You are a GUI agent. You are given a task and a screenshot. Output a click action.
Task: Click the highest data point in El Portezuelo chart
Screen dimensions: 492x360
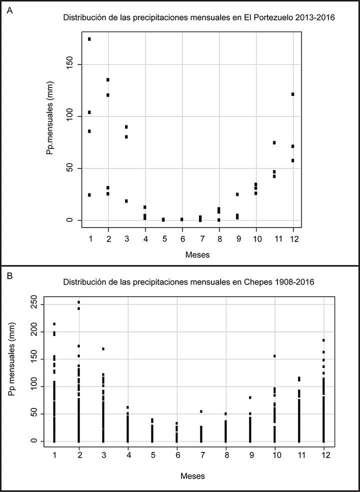[x=89, y=39]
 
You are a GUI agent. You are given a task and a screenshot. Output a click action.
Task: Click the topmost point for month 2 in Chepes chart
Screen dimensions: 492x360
[x=79, y=302]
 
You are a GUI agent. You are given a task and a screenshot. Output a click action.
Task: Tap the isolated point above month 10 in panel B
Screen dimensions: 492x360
[x=274, y=356]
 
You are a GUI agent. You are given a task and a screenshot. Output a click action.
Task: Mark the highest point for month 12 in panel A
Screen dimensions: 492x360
[x=293, y=94]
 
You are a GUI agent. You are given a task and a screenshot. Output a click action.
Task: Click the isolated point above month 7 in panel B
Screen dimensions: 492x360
[x=201, y=411]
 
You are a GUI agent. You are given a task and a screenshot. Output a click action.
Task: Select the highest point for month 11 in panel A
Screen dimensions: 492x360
[x=274, y=142]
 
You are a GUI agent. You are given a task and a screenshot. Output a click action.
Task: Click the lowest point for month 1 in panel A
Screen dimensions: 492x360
[x=89, y=195]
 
